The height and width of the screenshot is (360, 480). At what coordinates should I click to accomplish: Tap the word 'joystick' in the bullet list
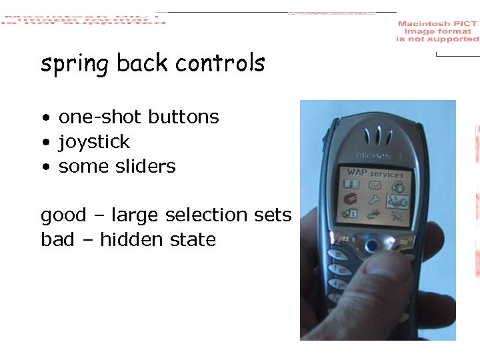pos(94,142)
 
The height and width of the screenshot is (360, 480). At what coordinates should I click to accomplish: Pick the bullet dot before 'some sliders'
pos(45,167)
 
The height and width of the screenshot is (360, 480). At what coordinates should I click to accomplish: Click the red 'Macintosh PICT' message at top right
pos(437,31)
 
